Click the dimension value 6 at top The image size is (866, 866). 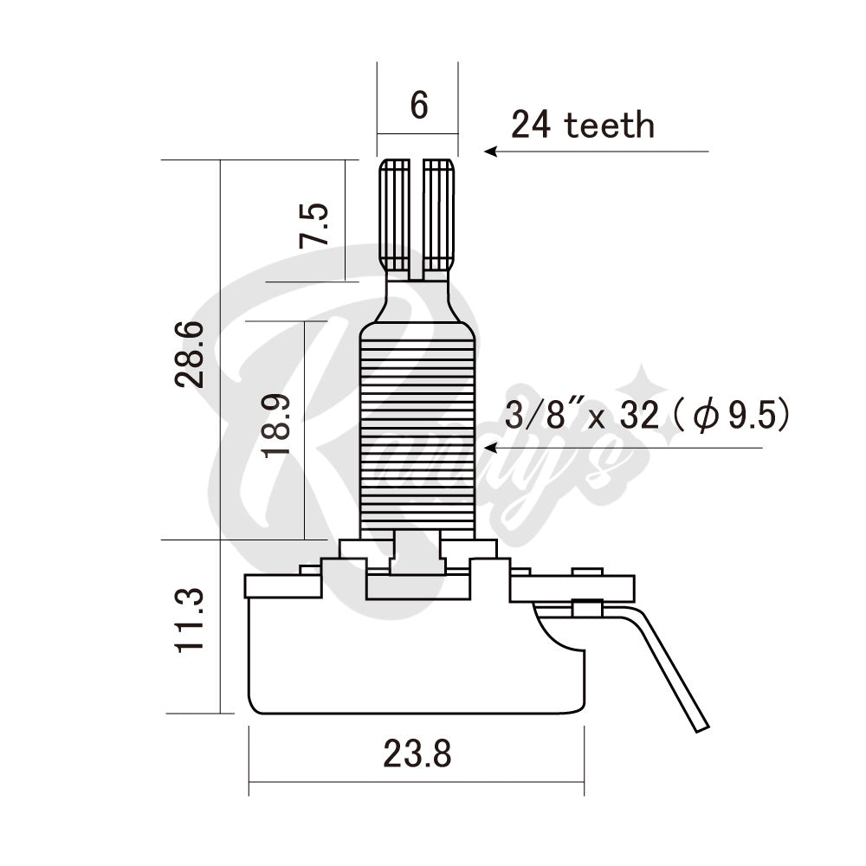coord(418,105)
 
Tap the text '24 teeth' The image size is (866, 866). coord(582,126)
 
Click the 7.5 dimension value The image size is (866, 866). coord(314,224)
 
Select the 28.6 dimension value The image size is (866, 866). coord(190,353)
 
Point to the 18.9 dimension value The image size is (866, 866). coord(277,428)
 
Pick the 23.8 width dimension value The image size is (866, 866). coord(417,755)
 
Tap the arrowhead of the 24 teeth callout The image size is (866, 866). coord(489,151)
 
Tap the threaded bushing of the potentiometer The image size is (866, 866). coord(417,433)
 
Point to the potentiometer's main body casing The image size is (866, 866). coord(416,658)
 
